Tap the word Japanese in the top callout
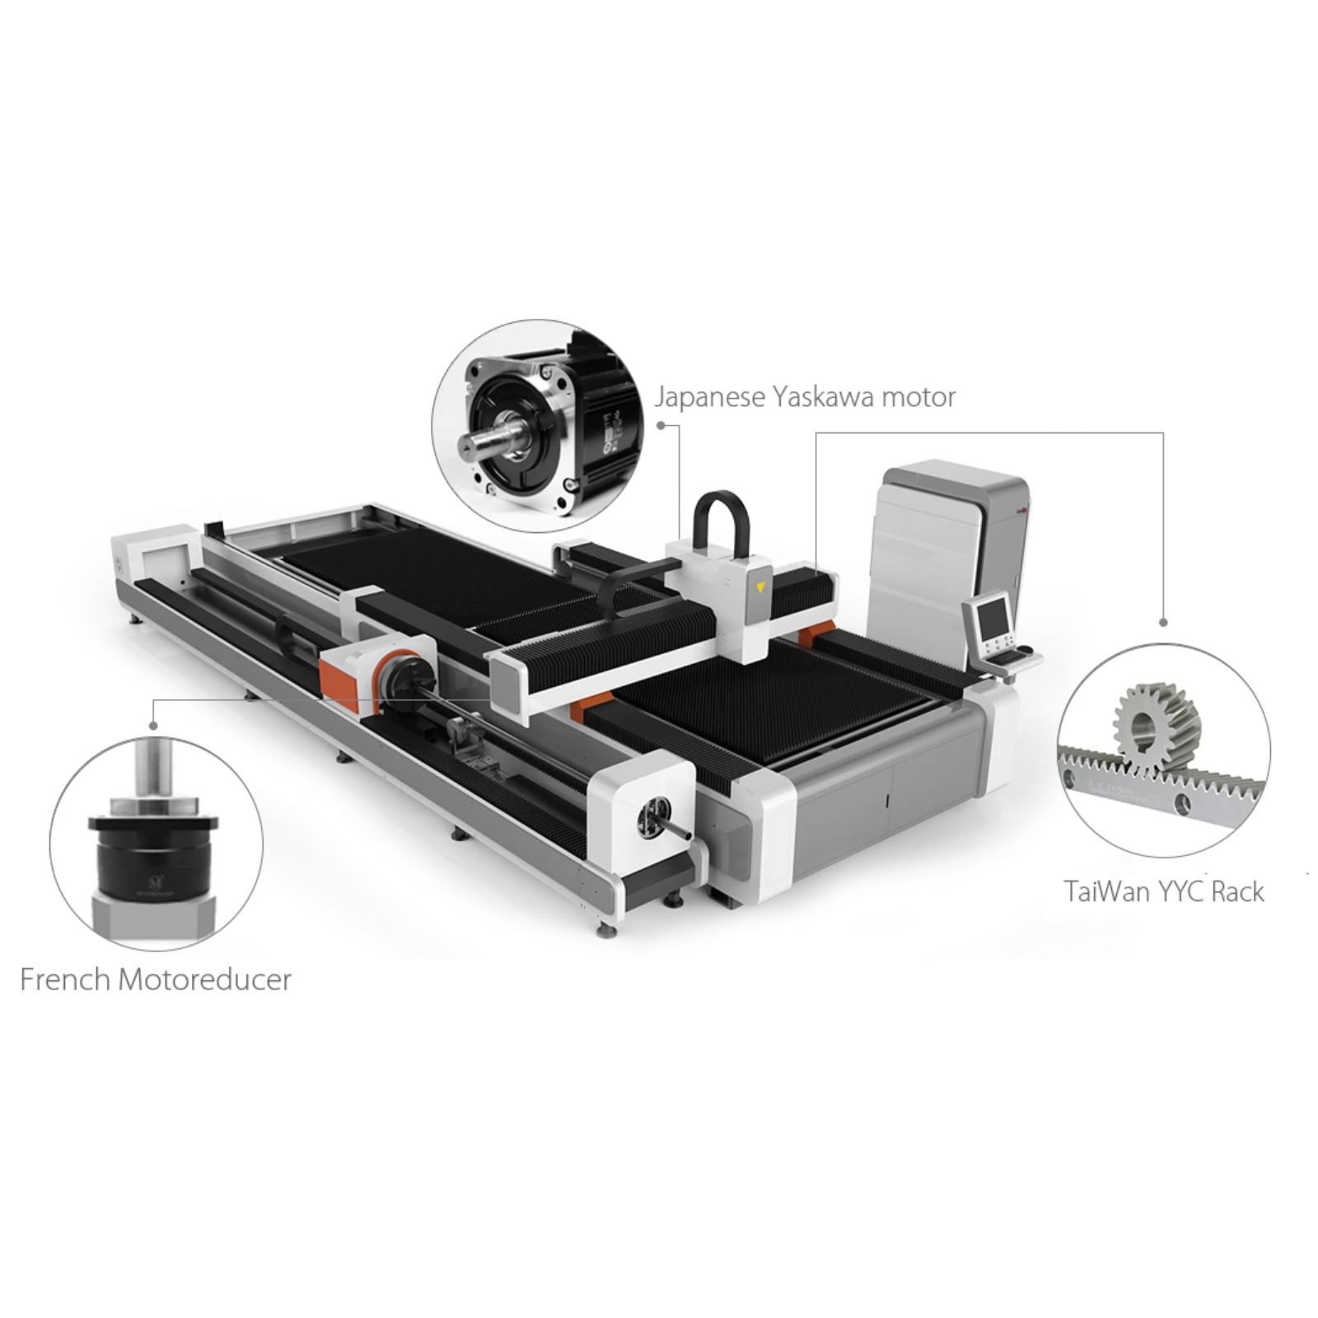tap(709, 398)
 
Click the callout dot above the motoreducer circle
tap(153, 726)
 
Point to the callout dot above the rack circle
tap(1163, 623)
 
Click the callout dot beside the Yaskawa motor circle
tap(661, 425)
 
